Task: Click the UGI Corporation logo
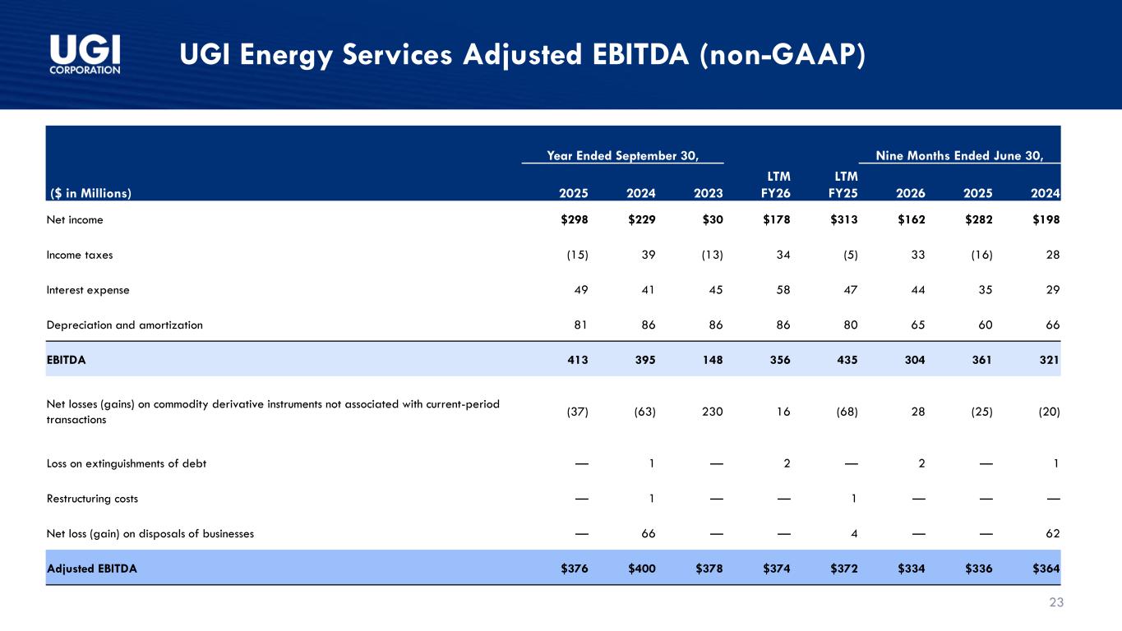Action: click(x=85, y=54)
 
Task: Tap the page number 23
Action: click(x=1056, y=602)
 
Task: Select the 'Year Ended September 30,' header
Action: click(x=622, y=156)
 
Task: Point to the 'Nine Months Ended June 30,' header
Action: click(x=959, y=156)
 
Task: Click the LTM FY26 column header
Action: click(x=776, y=185)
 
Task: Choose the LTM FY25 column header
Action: click(x=843, y=185)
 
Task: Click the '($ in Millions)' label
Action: click(x=90, y=193)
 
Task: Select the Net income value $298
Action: click(x=575, y=219)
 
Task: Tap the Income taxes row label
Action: click(x=80, y=255)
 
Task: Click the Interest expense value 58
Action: click(x=783, y=290)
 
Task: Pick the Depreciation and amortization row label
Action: click(x=125, y=325)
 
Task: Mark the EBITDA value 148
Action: click(x=713, y=360)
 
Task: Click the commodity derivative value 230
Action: click(x=713, y=412)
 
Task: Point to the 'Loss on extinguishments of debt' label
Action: click(x=127, y=463)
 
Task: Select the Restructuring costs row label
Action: click(x=92, y=499)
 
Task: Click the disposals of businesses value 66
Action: click(x=649, y=534)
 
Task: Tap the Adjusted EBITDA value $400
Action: click(x=642, y=569)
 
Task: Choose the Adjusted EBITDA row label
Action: click(x=92, y=569)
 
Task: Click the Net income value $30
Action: click(x=713, y=219)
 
